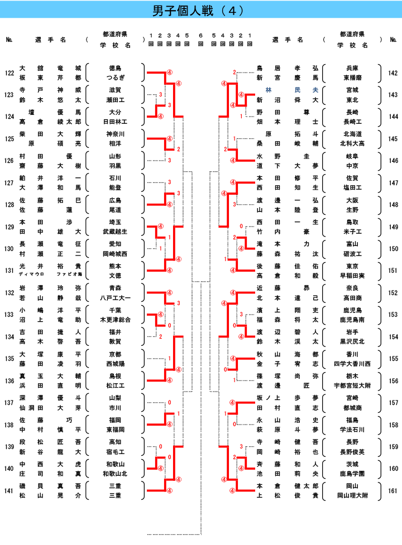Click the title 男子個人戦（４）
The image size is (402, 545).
point(200,11)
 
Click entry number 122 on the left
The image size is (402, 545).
point(9,73)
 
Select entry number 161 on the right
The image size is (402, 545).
point(393,491)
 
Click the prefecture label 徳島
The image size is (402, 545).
point(116,68)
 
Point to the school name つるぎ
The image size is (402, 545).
point(116,78)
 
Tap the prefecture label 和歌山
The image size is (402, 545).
point(116,464)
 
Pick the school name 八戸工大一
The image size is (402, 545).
point(116,298)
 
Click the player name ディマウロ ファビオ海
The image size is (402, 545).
point(50,274)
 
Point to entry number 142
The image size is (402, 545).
point(393,73)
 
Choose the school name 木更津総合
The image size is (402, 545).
point(116,320)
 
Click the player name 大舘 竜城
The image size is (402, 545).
point(50,68)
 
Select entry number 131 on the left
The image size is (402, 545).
point(9,271)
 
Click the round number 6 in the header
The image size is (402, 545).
point(200,36)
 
